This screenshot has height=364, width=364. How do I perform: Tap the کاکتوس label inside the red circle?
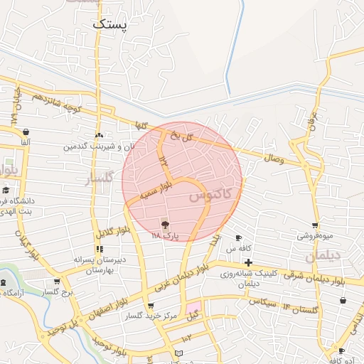211,193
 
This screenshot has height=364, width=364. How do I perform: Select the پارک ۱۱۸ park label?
165,234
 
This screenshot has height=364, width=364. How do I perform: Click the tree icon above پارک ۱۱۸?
165,224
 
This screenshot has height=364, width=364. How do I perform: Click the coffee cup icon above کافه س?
239,238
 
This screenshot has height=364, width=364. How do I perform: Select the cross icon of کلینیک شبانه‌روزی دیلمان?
248,264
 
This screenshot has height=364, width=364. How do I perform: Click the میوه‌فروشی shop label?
314,235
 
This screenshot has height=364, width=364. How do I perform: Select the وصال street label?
274,160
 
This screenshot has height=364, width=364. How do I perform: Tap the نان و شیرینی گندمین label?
99,146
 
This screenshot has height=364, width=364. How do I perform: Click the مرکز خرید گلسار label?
150,316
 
